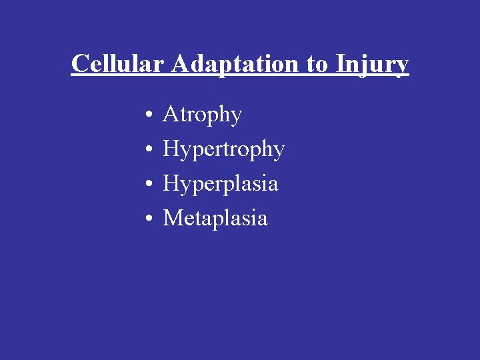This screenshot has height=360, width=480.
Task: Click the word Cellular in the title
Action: [118, 64]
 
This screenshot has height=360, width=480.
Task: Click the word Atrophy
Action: [202, 115]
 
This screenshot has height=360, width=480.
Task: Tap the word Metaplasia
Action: [215, 218]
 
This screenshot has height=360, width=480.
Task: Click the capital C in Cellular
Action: [80, 64]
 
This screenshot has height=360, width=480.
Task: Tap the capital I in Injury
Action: [341, 63]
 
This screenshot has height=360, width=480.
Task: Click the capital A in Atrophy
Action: [171, 115]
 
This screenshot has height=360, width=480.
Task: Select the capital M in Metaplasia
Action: [174, 218]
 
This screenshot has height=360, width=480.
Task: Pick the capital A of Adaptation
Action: [181, 63]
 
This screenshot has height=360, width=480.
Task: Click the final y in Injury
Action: [402, 67]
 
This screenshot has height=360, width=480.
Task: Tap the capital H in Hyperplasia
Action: [172, 183]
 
